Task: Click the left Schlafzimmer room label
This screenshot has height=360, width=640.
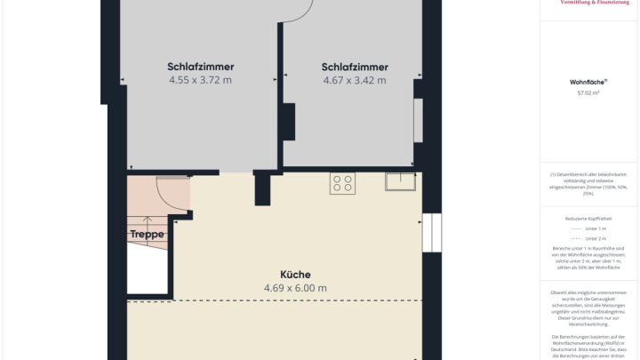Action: pos(200,67)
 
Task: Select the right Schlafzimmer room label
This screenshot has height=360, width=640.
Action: pos(355,67)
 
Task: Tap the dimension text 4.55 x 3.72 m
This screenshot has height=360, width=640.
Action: pos(200,80)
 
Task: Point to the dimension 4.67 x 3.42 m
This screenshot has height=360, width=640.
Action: pos(355,80)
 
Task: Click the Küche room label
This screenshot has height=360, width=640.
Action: pos(295,275)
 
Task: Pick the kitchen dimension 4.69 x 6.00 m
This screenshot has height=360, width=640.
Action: pos(295,288)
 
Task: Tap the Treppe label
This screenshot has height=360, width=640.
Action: pos(147,235)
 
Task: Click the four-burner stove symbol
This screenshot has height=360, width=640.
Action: pos(342,183)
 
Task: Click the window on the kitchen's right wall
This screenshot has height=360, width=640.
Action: pos(431,233)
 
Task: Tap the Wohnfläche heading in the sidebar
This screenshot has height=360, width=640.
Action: pos(588,81)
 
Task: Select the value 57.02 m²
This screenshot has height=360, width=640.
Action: pos(588,92)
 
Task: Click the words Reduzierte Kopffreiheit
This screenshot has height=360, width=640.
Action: pos(588,218)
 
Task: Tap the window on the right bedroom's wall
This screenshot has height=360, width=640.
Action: pos(419,120)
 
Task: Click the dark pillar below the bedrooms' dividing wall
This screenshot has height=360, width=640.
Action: pos(262,188)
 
